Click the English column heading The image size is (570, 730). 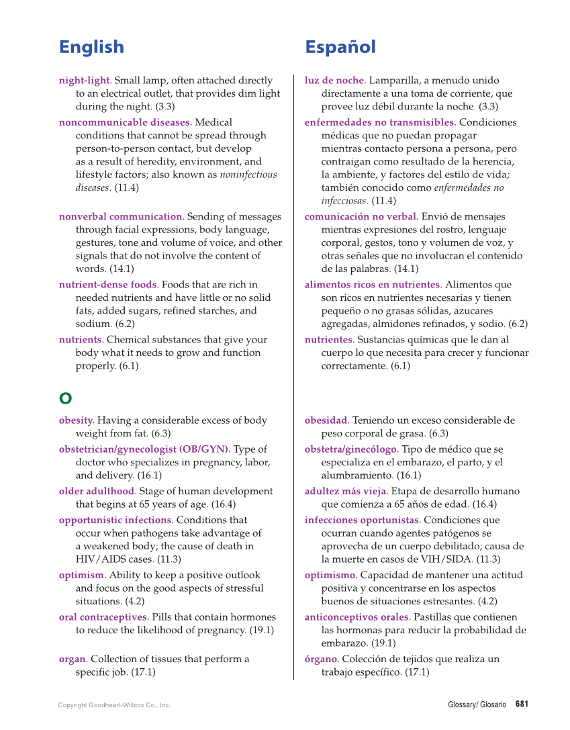91,47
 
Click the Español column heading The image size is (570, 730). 340,47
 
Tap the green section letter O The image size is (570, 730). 65,398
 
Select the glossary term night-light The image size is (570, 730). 85,81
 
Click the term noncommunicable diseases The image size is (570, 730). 125,122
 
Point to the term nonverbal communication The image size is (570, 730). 121,216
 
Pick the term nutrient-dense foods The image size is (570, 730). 108,285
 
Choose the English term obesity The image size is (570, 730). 76,420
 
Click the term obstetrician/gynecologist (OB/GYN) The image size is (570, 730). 144,449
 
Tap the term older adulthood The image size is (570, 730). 97,491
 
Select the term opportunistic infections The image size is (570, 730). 116,520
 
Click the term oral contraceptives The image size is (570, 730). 104,617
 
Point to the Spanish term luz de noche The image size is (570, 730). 335,81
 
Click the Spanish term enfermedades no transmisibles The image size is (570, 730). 380,122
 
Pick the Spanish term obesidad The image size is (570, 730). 327,420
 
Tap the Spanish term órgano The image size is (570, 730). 322,659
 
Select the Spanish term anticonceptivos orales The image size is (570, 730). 357,617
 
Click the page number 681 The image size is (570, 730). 522,704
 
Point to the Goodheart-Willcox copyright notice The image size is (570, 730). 114,705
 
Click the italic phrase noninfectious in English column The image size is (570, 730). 248,175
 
